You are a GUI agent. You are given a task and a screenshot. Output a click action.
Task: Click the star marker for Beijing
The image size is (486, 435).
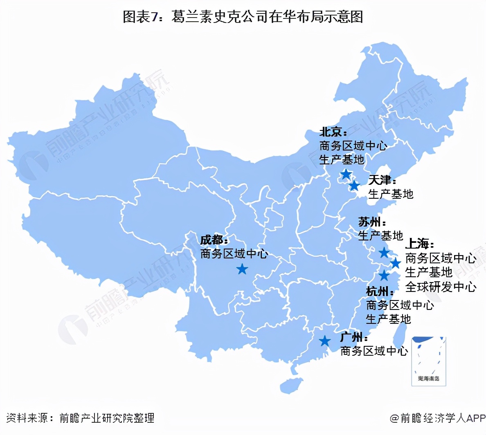coord(346,175)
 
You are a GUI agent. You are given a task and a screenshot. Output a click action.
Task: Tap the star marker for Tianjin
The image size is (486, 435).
coord(354,186)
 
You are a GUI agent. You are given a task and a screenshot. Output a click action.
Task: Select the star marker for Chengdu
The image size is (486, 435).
coord(242,269)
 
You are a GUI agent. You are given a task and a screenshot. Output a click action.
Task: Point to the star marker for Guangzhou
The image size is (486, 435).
coord(325,341)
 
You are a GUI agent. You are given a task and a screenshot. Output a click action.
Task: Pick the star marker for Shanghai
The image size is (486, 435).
coord(395,263)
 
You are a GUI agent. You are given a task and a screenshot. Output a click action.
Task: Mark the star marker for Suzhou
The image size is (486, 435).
coord(384,253)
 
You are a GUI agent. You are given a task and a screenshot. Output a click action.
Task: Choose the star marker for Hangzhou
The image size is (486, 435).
coord(384,276)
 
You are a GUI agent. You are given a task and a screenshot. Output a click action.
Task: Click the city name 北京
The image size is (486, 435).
coord(331,132)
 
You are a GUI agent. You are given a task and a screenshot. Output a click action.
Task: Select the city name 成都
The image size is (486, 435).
coord(211,240)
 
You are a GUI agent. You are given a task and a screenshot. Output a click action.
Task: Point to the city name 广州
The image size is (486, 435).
coord(351,337)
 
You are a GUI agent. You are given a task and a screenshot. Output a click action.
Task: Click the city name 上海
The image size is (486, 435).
coord(417,244)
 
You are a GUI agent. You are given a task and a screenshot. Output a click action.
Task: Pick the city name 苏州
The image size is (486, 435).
coord(369,222)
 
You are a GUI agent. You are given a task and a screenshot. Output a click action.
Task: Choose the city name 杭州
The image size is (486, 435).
coord(377,291)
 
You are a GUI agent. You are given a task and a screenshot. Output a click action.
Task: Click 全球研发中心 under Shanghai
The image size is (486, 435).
coord(441,287)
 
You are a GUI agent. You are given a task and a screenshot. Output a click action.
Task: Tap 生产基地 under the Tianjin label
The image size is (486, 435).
coord(391,194)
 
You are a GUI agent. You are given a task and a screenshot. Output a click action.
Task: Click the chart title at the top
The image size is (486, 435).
coord(243,17)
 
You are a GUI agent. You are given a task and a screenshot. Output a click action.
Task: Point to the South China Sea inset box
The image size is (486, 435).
coord(428,361)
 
